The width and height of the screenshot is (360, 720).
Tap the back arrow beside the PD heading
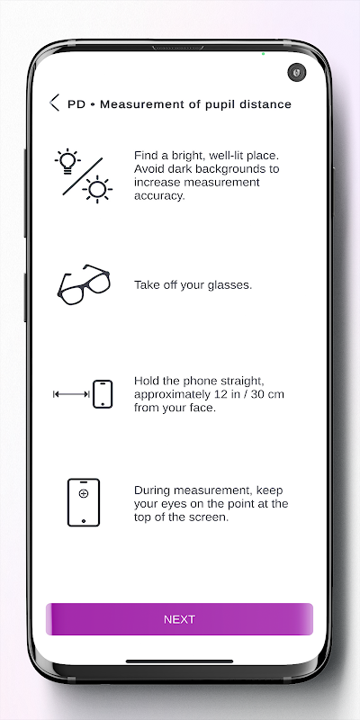pos(54,103)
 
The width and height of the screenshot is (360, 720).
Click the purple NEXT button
pos(179,619)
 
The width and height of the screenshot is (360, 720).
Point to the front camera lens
pos(297,73)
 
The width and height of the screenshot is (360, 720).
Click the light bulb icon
pos(67,161)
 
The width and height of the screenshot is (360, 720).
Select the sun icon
pos(97,189)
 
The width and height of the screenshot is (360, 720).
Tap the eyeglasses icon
pos(84,284)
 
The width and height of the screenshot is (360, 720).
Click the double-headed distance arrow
pos(71,394)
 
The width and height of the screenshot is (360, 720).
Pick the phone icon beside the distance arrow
pos(103,394)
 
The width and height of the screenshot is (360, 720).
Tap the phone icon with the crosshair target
pos(84,502)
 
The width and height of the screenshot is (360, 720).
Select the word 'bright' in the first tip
pos(187,155)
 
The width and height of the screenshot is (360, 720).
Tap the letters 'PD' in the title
pos(76,104)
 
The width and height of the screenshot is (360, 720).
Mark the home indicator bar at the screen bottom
pos(179,661)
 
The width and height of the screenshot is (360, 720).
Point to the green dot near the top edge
pos(263,54)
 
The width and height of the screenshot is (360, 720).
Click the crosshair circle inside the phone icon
pos(84,493)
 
